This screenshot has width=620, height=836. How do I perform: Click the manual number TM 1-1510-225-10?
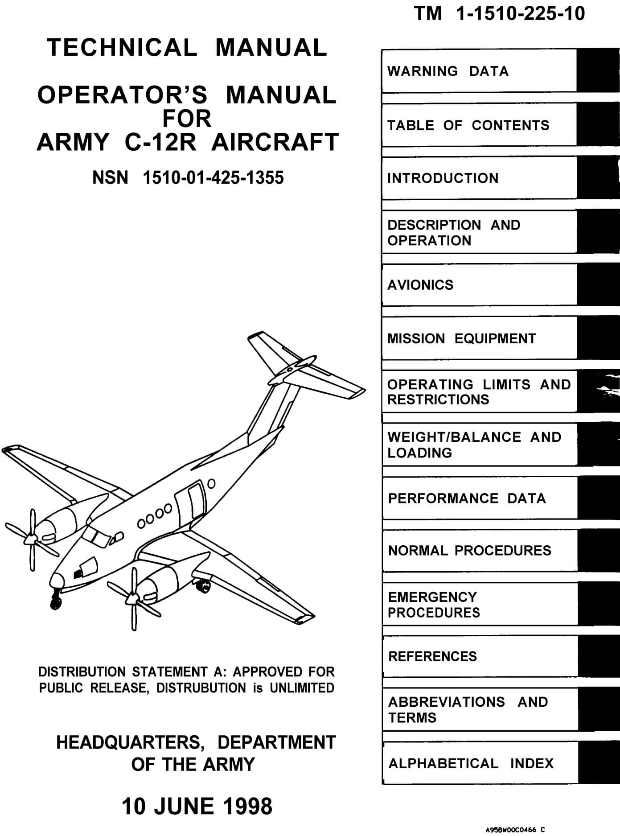tap(499, 14)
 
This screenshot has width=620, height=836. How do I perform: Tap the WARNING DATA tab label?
tap(448, 71)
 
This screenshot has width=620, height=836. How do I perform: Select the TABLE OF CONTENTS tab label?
tap(468, 125)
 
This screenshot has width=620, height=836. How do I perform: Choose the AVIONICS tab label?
tap(420, 285)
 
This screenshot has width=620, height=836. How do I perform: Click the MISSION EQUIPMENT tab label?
tap(461, 339)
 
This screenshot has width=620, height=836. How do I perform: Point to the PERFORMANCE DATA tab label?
tap(467, 498)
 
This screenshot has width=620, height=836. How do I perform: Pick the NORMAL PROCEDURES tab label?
tap(469, 551)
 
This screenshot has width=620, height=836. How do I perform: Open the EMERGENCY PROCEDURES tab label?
tap(434, 605)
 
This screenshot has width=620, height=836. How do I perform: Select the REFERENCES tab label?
tap(432, 656)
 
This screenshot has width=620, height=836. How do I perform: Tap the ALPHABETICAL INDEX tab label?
tap(471, 763)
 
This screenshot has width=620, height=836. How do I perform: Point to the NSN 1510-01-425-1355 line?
tap(188, 178)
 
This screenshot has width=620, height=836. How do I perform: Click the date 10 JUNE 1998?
tap(197, 806)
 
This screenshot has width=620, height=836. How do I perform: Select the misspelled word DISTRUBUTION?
tap(201, 688)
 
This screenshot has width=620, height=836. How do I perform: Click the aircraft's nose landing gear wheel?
tap(56, 603)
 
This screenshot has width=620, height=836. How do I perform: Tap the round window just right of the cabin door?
tap(212, 483)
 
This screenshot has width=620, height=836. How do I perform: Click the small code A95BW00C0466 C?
tap(515, 830)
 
